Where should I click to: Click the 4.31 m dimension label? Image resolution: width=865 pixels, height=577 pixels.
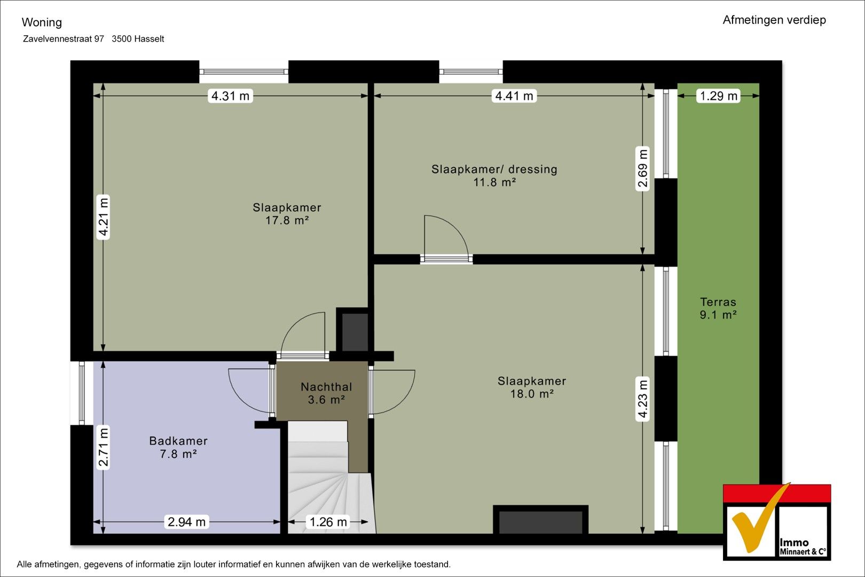pos(231,96)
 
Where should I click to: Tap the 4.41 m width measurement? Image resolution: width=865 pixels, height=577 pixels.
pos(514,96)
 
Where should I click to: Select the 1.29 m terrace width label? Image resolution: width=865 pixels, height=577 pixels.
pos(718,96)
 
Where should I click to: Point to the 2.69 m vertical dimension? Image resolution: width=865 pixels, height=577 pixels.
pos(642,169)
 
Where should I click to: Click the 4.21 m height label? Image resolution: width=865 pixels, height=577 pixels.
pos(104,217)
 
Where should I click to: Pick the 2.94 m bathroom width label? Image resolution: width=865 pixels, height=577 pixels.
pos(186,522)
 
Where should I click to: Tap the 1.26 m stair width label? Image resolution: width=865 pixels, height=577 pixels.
pos(328,522)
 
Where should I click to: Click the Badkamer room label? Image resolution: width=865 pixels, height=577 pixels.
pos(178,441)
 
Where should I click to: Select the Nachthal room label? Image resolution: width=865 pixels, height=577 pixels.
pos(326,387)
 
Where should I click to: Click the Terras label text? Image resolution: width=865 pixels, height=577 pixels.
pos(718,302)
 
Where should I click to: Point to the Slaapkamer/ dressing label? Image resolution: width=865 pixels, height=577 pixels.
pos(494,169)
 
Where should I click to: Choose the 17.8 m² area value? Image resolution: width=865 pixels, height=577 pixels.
pos(287,220)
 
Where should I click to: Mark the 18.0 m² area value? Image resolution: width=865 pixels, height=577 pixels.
pos(532,394)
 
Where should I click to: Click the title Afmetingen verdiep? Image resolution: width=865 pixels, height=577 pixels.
pos(774,20)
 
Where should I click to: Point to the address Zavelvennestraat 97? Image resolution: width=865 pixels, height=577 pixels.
pos(64,39)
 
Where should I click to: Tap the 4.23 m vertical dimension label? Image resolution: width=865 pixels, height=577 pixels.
pos(642,399)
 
